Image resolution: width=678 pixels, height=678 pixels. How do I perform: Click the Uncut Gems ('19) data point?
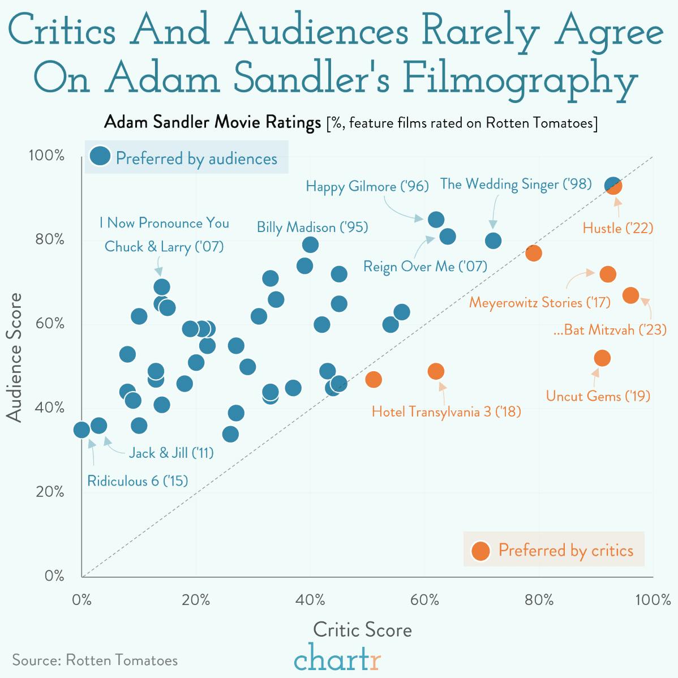pos(602,358)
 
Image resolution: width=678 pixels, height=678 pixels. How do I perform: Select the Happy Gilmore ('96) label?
pos(367,186)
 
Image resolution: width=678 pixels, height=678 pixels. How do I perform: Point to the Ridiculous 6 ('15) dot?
pos(81,430)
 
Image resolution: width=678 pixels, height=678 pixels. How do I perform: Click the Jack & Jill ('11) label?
pos(171,453)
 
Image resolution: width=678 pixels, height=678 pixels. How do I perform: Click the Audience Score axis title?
pos(15,357)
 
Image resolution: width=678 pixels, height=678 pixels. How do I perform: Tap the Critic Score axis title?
pos(362,630)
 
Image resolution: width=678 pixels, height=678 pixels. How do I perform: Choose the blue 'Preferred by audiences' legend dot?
pos(100,157)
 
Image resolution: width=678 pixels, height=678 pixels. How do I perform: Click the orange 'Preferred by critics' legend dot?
pos(480,551)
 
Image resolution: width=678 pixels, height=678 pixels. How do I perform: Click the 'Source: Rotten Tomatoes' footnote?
pos(95,660)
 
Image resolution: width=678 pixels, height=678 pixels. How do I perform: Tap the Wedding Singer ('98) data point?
pos(493,241)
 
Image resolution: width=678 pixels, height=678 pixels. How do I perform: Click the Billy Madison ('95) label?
pos(312,228)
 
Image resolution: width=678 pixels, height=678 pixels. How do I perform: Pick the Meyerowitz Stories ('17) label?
pos(539,302)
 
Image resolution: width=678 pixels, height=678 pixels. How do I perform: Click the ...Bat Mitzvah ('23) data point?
pos(630,295)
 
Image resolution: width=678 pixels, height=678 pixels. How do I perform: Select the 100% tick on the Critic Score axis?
pos(653,600)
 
